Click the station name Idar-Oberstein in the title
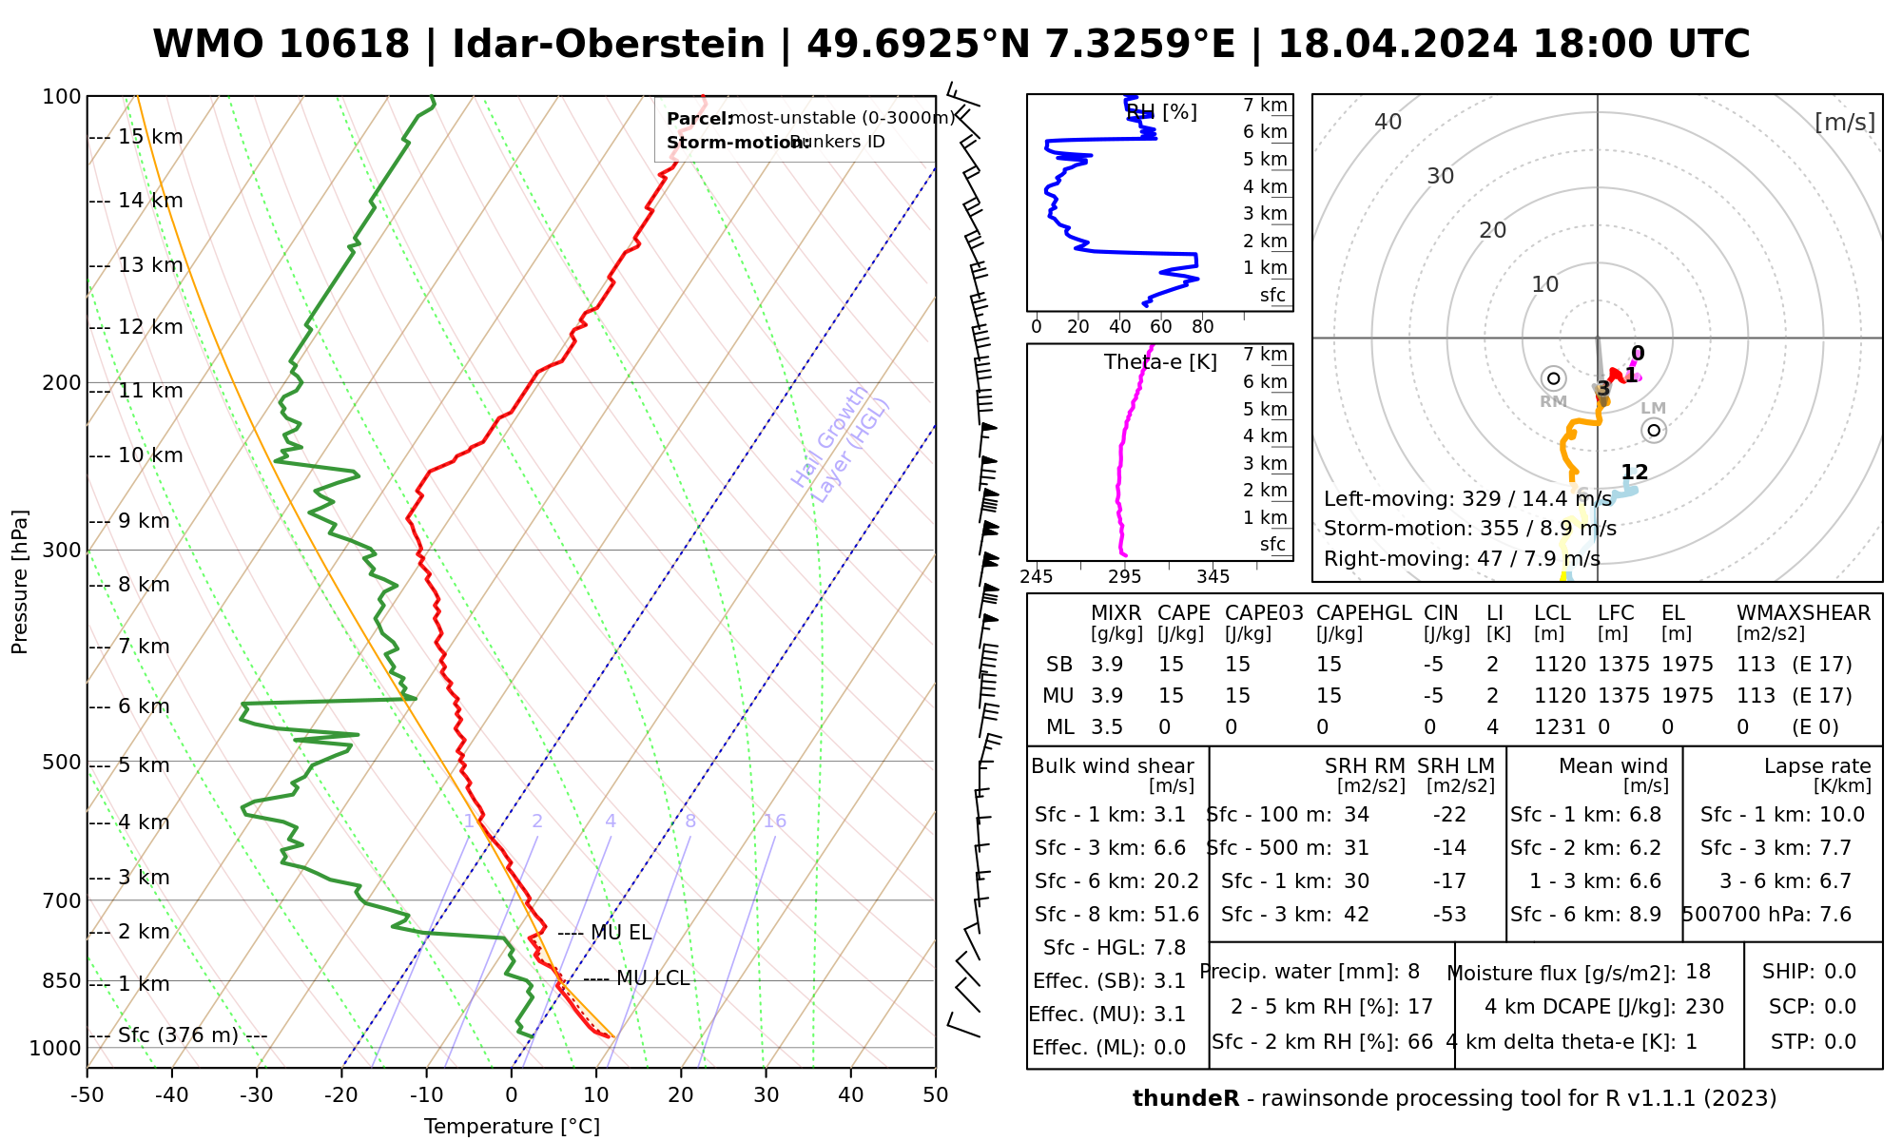click(608, 45)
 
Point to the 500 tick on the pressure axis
click(62, 763)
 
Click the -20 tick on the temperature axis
click(341, 1095)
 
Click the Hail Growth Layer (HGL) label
click(841, 443)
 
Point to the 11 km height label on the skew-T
click(150, 391)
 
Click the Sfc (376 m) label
click(178, 1035)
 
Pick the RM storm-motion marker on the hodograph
click(1553, 378)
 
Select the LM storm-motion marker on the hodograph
click(1654, 431)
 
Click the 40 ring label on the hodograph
click(1388, 122)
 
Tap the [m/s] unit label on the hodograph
click(1844, 122)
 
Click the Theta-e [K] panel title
click(1160, 362)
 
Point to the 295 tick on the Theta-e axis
click(1125, 577)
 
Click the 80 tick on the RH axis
click(1202, 327)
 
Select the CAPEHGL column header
click(1363, 613)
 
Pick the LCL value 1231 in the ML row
click(1560, 727)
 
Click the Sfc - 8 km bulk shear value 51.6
click(1175, 915)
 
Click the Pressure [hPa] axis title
click(20, 582)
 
